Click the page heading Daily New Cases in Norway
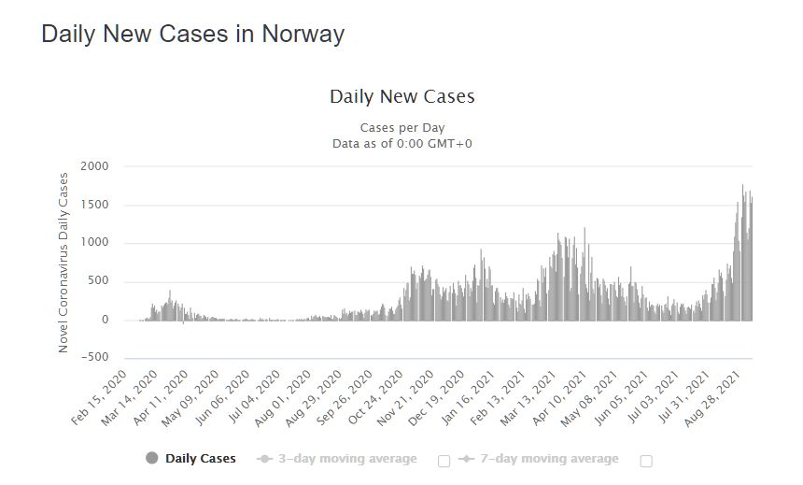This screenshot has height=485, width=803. [x=193, y=35]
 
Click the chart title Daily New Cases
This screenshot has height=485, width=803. [x=401, y=96]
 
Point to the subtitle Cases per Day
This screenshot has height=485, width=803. [x=401, y=127]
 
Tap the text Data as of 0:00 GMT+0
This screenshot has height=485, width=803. [x=401, y=143]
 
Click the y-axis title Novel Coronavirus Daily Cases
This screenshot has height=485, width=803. [x=63, y=262]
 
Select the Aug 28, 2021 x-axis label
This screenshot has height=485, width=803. [x=715, y=396]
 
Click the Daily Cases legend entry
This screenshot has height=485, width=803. [x=200, y=459]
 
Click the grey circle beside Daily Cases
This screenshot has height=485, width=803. [x=152, y=459]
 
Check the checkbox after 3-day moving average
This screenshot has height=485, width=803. [x=444, y=461]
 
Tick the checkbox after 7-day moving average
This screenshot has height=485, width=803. [x=646, y=461]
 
